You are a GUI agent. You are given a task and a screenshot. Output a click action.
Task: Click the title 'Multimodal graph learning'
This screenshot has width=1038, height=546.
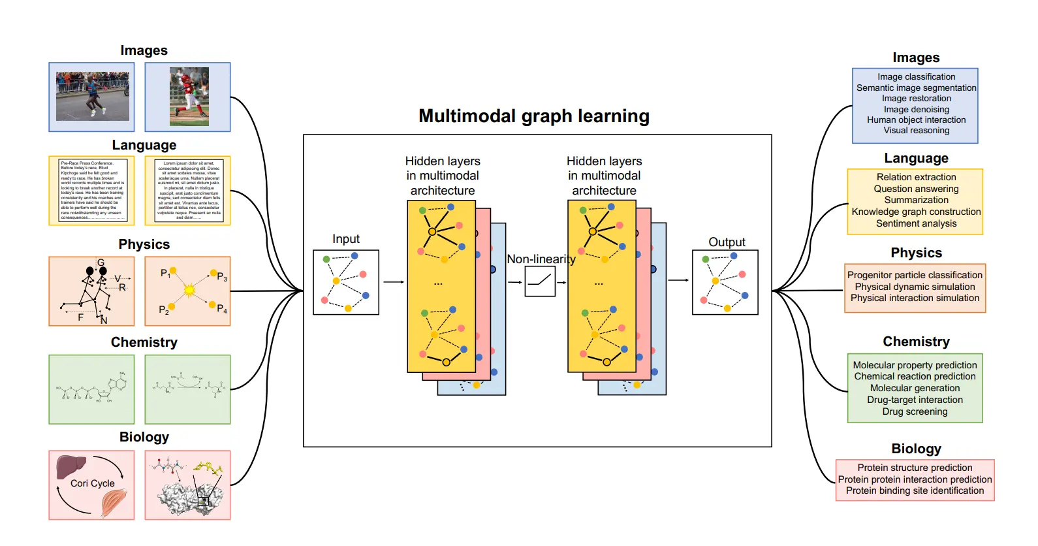[x=533, y=116]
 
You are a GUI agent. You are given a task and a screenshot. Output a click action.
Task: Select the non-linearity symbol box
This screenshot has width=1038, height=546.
[x=539, y=281]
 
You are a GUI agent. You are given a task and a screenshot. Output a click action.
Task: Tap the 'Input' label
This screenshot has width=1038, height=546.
[x=345, y=239]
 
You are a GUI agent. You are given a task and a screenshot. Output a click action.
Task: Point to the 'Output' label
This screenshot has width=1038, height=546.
[x=727, y=242]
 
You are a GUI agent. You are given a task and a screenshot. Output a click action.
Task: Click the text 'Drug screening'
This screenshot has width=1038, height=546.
[x=915, y=411]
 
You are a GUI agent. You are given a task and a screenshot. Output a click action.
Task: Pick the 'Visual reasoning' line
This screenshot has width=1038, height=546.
[x=916, y=131]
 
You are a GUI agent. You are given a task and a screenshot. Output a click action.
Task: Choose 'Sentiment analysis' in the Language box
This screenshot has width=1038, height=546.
[x=916, y=223]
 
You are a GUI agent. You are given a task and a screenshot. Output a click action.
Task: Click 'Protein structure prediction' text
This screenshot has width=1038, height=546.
[x=915, y=468]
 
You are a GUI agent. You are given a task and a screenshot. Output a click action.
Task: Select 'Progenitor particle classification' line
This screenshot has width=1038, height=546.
[x=915, y=275]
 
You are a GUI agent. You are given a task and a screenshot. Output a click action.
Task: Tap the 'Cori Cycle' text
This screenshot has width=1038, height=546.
[x=92, y=483]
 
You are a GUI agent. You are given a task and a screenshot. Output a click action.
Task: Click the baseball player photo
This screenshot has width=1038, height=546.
[x=189, y=97]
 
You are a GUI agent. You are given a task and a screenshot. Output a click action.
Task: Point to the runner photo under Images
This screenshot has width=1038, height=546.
[x=92, y=96]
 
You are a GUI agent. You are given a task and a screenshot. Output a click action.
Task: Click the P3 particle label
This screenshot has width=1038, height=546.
[x=222, y=277]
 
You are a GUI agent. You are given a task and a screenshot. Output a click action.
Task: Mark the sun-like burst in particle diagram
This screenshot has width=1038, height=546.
[x=189, y=289]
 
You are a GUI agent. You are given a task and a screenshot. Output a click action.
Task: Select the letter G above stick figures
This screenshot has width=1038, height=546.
[x=101, y=263]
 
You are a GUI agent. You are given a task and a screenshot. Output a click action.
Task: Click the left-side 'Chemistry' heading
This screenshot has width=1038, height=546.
[x=144, y=342]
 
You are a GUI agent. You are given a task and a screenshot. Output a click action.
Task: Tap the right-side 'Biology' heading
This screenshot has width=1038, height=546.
[x=916, y=449]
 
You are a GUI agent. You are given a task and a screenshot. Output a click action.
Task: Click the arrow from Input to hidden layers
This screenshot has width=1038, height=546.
[x=393, y=282]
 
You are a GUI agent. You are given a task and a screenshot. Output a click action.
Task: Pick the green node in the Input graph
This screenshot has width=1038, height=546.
[x=326, y=259]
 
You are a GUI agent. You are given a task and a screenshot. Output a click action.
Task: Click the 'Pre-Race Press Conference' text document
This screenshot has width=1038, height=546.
[x=92, y=190]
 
